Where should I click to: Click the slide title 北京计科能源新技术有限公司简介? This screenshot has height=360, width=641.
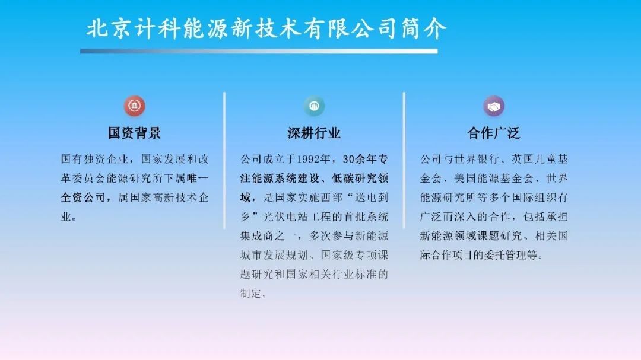coord(266,28)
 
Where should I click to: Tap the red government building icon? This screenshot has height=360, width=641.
coord(135,106)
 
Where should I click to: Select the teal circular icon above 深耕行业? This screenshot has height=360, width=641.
coord(314,106)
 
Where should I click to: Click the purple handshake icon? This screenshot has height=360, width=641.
coord(494,106)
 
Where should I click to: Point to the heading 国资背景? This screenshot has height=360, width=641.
coord(135,133)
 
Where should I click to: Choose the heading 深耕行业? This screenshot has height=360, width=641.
coord(314,133)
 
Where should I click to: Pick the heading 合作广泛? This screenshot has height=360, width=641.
coord(494,133)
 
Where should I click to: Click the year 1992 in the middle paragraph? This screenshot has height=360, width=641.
coord(308,159)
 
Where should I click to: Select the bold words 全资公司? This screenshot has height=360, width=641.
coord(84,197)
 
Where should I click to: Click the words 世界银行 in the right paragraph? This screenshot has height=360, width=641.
coord(477,159)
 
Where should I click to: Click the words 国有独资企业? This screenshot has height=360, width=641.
coord(95,159)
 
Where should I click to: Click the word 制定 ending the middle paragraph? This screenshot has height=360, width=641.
coord(250,293)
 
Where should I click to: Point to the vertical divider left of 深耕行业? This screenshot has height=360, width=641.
coord(224,160)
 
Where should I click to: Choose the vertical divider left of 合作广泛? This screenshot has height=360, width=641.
coord(404,160)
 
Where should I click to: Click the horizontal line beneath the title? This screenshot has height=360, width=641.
coord(259,51)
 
